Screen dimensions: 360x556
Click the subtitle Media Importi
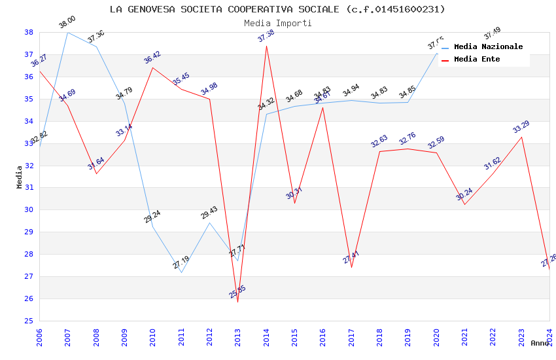pyautogui.click(x=277, y=23)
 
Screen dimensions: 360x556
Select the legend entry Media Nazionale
pyautogui.click(x=488, y=47)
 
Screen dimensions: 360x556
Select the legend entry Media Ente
pyautogui.click(x=477, y=60)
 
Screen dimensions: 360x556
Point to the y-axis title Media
pyautogui.click(x=20, y=177)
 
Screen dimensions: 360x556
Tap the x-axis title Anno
pyautogui.click(x=540, y=343)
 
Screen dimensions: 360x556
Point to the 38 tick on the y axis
pyautogui.click(x=29, y=32)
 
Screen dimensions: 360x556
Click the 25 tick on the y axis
pyautogui.click(x=29, y=321)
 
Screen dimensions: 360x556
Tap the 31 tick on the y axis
pyautogui.click(x=29, y=188)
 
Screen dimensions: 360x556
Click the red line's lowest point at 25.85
pyautogui.click(x=237, y=302)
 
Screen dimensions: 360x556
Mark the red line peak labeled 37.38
pyautogui.click(x=266, y=46)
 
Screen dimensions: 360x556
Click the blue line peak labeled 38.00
pyautogui.click(x=67, y=32)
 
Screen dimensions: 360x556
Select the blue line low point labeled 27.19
pyautogui.click(x=181, y=272)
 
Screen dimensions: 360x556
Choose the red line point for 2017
pyautogui.click(x=351, y=267)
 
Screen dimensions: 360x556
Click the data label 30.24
pyautogui.click(x=464, y=194)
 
